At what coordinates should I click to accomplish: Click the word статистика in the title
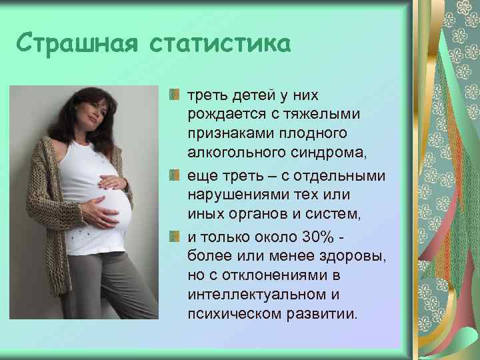pos(221,45)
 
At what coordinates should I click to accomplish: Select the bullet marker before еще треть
pos(175,176)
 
